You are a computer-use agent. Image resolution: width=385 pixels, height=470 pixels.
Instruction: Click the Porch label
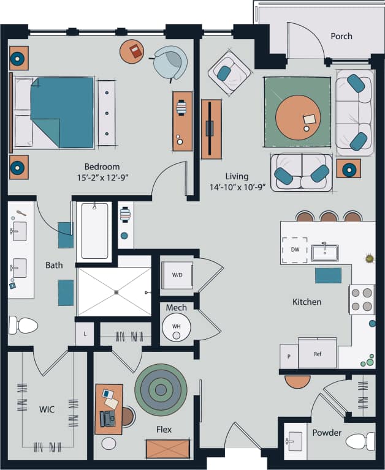pos(341,36)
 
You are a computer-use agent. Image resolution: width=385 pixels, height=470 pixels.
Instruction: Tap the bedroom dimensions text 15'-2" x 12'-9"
pos(102,177)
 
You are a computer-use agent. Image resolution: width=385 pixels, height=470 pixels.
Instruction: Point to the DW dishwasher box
pos(294,250)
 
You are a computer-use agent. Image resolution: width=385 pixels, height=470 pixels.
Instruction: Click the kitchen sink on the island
pos(325,252)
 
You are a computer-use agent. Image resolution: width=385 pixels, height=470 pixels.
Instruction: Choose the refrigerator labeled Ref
pos(317,354)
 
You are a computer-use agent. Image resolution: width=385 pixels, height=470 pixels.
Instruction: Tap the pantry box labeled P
pos(289,356)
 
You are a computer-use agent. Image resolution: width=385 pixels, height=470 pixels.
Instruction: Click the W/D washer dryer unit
pos(177,275)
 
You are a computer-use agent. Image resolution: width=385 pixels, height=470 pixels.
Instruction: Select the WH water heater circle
pos(176,327)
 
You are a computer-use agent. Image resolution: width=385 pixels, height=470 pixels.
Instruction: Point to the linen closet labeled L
pos(85,334)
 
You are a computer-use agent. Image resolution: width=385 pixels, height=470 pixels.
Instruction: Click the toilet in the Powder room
pos(360,441)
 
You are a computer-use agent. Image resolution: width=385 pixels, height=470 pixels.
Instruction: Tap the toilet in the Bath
pos(24,325)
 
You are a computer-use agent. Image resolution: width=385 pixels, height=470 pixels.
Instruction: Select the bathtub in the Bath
pos(94,231)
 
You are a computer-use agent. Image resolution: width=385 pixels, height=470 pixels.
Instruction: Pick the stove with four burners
pos(362,299)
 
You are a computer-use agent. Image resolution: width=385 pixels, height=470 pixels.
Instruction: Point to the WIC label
pos(47,409)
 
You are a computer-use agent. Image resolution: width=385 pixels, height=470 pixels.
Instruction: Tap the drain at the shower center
pos(115,292)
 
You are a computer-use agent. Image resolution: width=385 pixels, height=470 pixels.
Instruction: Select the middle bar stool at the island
pos(329,217)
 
